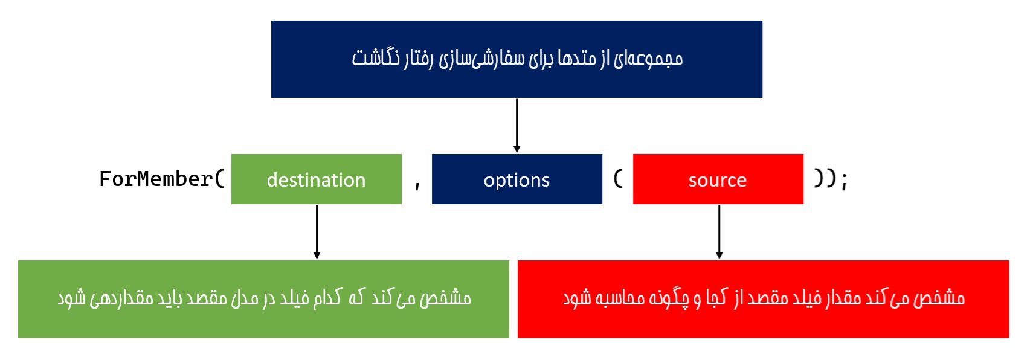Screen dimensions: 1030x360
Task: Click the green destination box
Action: (x=317, y=179)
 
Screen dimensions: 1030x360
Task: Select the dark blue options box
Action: (x=517, y=179)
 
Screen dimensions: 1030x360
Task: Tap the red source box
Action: (x=718, y=179)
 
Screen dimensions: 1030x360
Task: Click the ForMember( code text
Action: (x=162, y=179)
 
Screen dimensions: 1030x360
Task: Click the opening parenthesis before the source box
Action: (x=619, y=179)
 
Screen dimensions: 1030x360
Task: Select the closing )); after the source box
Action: (x=831, y=179)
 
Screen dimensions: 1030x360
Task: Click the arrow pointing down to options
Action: (x=517, y=126)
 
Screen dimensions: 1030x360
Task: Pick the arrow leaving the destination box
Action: (x=317, y=232)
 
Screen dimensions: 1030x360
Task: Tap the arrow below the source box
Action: (x=719, y=232)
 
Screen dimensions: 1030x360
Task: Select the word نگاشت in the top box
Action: (x=376, y=58)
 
